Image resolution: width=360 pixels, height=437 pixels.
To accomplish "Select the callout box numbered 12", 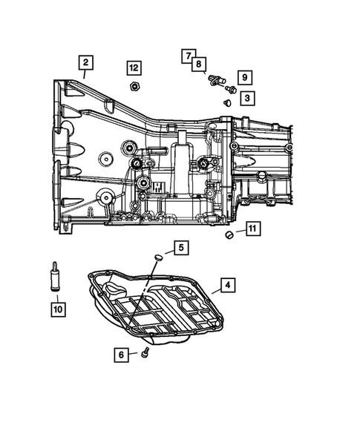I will click(133, 68).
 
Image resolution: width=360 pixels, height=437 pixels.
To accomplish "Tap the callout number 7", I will click(189, 56).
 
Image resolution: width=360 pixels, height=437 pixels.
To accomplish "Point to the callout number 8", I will click(199, 65).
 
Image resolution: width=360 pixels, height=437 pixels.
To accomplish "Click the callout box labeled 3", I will click(246, 96).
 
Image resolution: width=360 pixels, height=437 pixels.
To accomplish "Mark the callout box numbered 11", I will click(252, 229).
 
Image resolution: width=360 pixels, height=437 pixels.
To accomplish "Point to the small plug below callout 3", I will click(226, 102).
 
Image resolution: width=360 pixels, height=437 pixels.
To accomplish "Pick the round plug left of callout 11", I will click(229, 235).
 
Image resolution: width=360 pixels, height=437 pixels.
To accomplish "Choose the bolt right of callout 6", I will click(145, 353).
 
